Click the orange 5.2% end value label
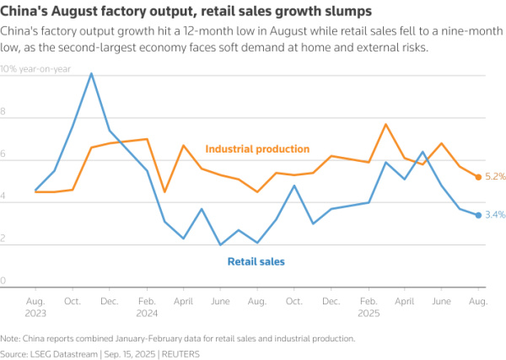coord(495,177)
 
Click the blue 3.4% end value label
coord(495,215)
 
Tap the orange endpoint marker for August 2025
coord(478,177)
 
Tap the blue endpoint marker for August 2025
coord(478,215)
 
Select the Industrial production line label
coord(257,149)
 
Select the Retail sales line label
coord(256,261)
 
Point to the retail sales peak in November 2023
coord(91,74)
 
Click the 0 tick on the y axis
coord(4,281)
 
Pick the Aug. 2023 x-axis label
coord(35,305)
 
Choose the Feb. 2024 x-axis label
coord(147,305)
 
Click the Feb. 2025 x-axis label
coord(368,305)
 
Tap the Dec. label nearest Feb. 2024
coord(110,300)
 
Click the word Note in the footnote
coord(11,338)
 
